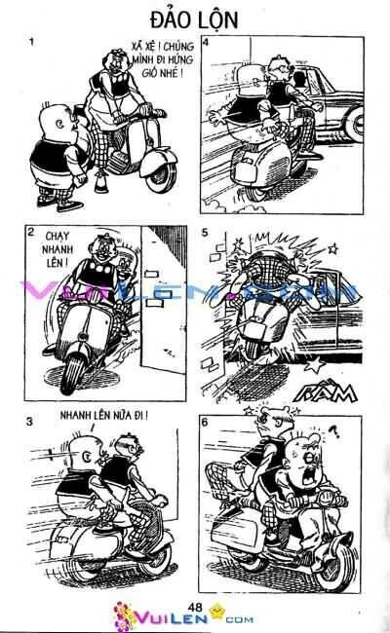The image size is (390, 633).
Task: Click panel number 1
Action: click(32, 44)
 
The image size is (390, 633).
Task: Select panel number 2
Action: click(32, 233)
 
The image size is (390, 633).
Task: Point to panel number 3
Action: click(30, 422)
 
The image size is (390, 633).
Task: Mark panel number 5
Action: click(204, 234)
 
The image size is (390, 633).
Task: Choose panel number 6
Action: click(204, 424)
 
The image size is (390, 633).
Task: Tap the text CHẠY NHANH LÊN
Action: click(58, 249)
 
